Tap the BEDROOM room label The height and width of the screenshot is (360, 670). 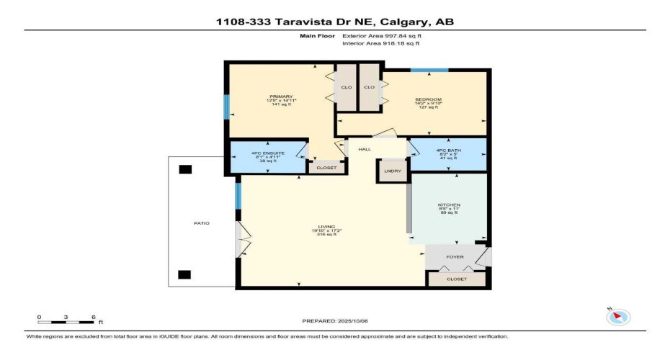tap(428, 99)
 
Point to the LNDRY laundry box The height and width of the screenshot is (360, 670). tap(393, 171)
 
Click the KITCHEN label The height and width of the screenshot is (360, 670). tap(449, 205)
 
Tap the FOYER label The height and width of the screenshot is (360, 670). tap(455, 257)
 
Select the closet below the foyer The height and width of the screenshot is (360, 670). tap(457, 279)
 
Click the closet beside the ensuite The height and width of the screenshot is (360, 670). tap(321, 167)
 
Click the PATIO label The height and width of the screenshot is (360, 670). tap(202, 223)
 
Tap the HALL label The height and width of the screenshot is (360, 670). tap(365, 149)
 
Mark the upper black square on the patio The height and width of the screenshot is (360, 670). tap(186, 169)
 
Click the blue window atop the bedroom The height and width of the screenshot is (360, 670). tap(429, 70)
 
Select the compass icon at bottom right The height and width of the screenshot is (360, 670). tap(619, 316)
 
